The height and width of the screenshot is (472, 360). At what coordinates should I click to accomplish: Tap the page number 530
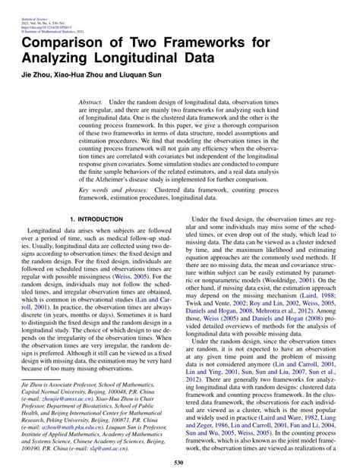[x=179, y=461]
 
